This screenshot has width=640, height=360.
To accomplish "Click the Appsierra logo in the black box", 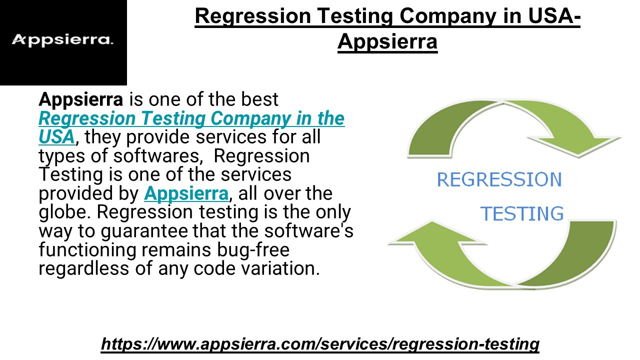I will (x=62, y=40).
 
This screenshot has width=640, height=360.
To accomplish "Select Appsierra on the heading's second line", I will (x=387, y=42).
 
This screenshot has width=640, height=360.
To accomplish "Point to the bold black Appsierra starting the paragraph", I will (x=80, y=99).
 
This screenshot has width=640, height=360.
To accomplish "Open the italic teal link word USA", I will (x=56, y=136).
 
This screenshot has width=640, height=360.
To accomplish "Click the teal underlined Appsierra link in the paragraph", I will (x=186, y=193).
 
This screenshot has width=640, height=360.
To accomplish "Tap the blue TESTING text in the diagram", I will (x=521, y=214).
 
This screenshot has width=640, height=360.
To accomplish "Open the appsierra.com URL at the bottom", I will (x=320, y=344).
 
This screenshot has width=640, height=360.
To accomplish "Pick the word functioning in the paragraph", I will (x=86, y=249).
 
